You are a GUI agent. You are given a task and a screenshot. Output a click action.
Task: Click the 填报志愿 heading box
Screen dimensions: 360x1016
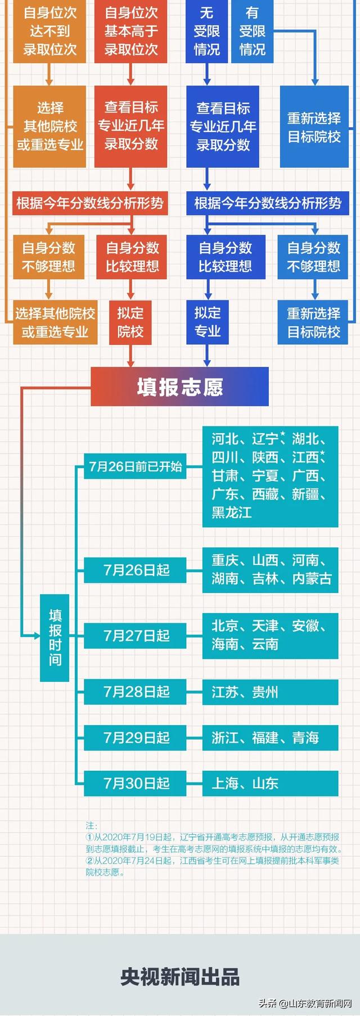click(179, 386)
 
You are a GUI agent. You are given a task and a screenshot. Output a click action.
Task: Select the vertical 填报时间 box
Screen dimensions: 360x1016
click(55, 637)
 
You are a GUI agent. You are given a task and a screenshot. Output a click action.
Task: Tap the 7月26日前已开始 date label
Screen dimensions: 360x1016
click(135, 466)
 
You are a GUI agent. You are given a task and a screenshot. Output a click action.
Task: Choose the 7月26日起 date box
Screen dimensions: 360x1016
click(135, 570)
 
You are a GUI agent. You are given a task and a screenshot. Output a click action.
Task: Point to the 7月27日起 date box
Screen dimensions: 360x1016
click(135, 636)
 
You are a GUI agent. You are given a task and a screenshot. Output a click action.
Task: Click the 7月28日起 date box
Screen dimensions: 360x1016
click(135, 691)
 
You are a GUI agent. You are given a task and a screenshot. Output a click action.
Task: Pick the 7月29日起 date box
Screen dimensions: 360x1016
click(135, 738)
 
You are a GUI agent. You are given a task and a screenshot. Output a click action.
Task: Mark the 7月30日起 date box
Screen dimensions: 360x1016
click(135, 783)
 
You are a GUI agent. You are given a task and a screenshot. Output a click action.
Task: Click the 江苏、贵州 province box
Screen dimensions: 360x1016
click(271, 691)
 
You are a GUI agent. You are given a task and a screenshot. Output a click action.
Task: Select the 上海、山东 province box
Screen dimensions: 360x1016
click(271, 783)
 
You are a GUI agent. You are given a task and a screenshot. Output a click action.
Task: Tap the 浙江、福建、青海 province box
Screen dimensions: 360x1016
click(271, 738)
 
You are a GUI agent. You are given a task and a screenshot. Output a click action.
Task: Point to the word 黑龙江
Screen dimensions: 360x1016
click(232, 513)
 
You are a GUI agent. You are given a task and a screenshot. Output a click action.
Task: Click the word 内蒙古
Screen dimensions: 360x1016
click(312, 578)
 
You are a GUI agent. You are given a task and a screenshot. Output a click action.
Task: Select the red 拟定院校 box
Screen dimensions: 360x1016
click(130, 322)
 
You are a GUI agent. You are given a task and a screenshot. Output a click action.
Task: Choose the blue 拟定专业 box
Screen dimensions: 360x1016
click(208, 322)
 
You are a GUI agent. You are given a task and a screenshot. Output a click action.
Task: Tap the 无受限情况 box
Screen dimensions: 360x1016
click(207, 31)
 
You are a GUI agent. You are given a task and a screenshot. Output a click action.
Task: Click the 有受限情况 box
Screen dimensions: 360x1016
click(253, 31)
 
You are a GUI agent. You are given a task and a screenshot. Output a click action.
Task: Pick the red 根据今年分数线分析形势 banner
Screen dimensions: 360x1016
click(90, 203)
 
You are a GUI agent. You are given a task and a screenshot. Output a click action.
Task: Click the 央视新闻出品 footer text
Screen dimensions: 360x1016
click(180, 977)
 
